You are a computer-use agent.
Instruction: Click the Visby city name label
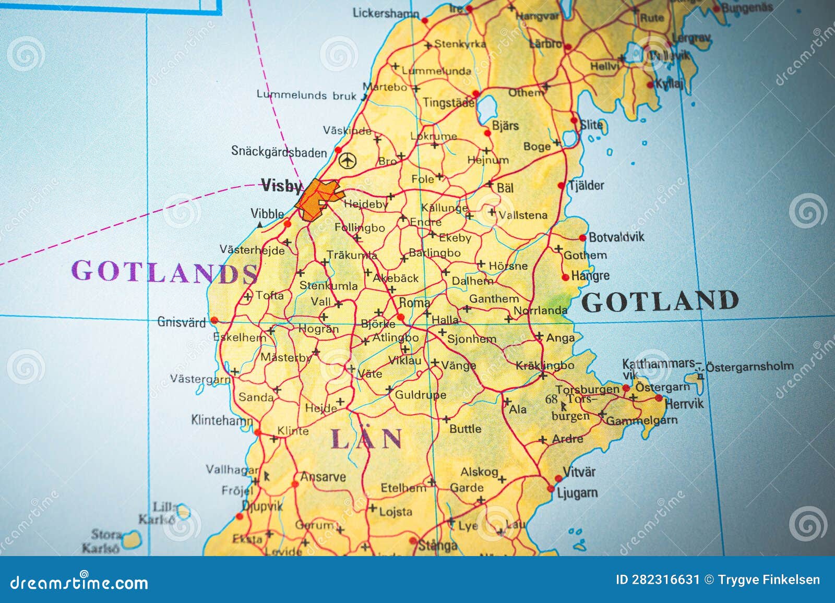click(x=281, y=186)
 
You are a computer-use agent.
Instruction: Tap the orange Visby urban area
click(x=317, y=198)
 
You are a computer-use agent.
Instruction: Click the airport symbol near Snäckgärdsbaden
click(x=347, y=160)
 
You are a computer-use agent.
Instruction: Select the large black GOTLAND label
click(x=660, y=302)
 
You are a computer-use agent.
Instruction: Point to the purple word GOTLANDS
click(x=164, y=271)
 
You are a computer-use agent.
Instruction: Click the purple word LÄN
click(x=366, y=439)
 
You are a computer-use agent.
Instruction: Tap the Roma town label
click(x=414, y=303)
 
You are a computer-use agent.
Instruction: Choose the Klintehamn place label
click(x=222, y=419)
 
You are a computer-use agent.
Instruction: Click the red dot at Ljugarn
click(x=551, y=489)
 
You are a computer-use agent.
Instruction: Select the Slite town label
click(x=592, y=125)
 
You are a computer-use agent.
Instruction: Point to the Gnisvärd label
click(x=182, y=322)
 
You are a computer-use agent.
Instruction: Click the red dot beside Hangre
click(x=565, y=278)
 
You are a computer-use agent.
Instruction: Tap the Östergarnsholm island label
click(x=749, y=366)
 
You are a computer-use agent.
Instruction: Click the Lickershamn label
click(x=386, y=13)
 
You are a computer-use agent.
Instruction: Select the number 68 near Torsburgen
click(x=551, y=400)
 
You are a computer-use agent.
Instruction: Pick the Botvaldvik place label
click(x=616, y=237)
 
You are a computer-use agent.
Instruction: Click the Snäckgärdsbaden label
click(x=279, y=152)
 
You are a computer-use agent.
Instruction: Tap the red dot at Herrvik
click(x=659, y=398)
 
